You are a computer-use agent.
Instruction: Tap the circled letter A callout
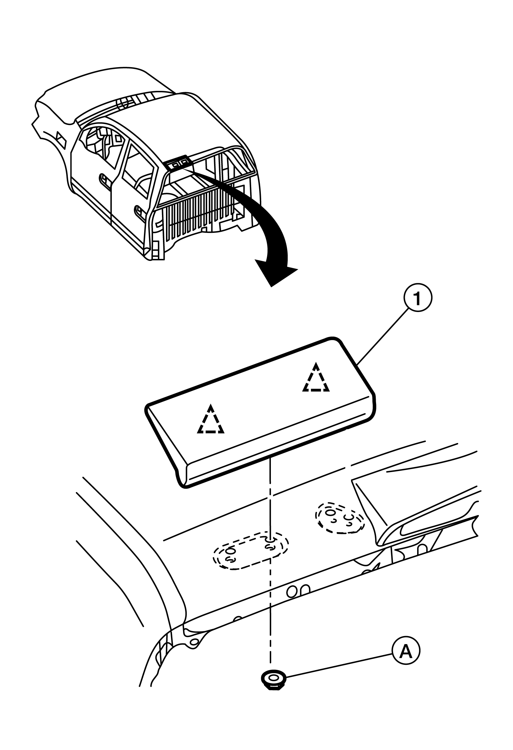click(x=406, y=651)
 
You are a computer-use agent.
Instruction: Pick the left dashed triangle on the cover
click(x=210, y=421)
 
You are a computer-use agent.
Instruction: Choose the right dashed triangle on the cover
click(x=316, y=379)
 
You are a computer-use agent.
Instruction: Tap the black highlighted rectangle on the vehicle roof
click(x=179, y=163)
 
